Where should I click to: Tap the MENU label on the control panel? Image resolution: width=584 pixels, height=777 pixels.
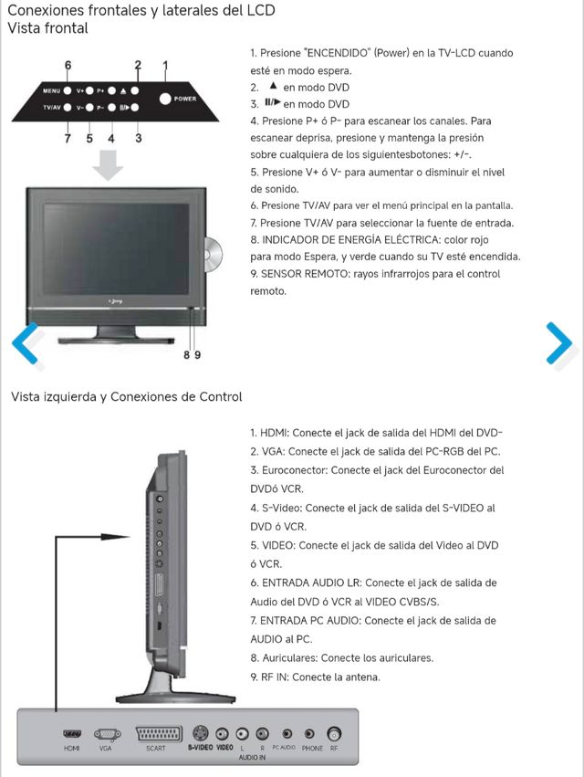pos(51,91)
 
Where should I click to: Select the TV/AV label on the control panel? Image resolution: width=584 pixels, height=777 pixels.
pos(51,109)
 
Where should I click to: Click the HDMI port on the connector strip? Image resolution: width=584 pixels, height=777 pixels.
pos(72,732)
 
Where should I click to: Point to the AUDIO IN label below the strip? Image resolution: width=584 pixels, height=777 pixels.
pos(252,758)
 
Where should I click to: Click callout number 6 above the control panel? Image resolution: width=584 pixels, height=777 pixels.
pos(68,66)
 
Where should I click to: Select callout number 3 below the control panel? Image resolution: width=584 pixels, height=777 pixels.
pos(138,139)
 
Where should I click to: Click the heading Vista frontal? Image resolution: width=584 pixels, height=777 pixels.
pos(47,28)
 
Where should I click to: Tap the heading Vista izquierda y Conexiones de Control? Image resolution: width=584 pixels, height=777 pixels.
pos(126,396)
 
